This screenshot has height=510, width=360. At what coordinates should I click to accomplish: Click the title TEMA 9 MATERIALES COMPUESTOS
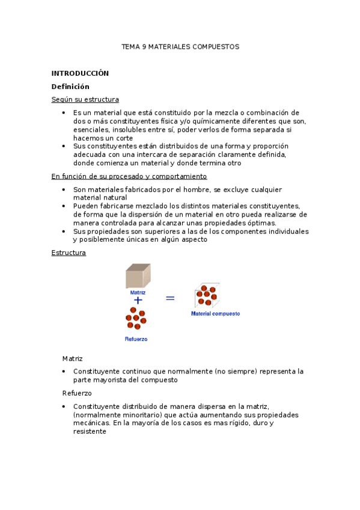click(x=180, y=46)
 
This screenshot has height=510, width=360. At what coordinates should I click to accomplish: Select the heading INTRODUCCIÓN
click(x=80, y=73)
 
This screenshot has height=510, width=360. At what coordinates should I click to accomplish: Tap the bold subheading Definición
click(x=70, y=87)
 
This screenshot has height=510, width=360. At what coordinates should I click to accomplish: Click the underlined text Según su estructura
click(x=85, y=100)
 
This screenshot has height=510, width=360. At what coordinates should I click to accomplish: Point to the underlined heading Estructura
click(x=69, y=253)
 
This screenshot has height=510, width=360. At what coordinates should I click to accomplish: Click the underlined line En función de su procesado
click(x=129, y=176)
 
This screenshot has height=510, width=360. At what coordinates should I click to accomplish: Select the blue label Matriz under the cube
click(x=138, y=292)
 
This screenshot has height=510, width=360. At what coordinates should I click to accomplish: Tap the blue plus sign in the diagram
click(x=138, y=300)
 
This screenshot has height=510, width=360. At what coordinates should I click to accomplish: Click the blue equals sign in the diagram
click(x=170, y=297)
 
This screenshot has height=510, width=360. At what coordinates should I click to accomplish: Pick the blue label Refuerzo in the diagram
click(x=136, y=339)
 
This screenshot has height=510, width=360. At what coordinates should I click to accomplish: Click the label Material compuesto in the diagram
click(x=215, y=313)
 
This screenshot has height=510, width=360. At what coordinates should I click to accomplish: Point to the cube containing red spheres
click(x=207, y=295)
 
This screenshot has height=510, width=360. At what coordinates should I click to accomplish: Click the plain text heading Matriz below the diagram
click(x=72, y=358)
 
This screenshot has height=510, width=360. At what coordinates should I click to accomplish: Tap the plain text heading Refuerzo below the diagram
click(x=77, y=393)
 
